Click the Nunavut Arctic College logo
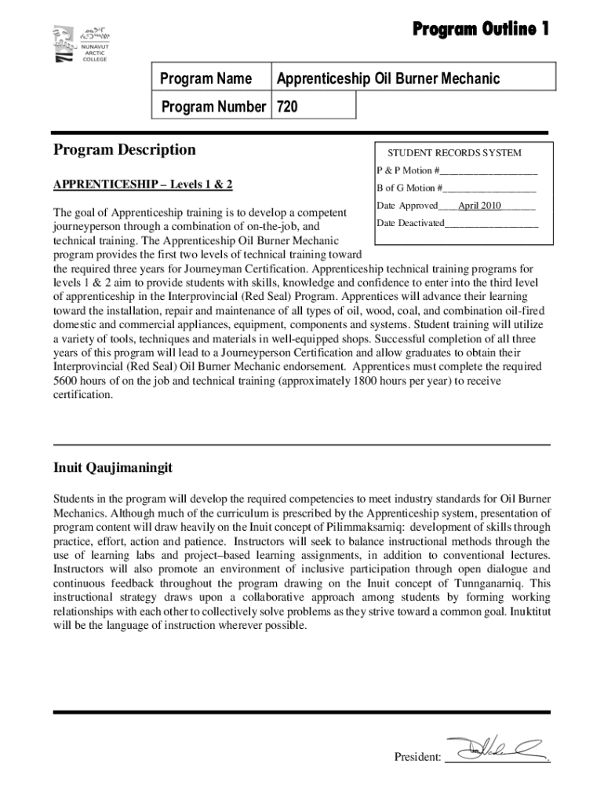click(x=80, y=46)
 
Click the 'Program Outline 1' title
click(x=481, y=29)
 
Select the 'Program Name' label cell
click(x=206, y=79)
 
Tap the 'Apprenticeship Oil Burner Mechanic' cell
click(x=386, y=79)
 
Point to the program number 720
click(x=287, y=106)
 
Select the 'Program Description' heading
click(x=124, y=149)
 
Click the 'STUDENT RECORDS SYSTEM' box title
click(x=453, y=153)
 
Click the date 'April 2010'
click(x=479, y=206)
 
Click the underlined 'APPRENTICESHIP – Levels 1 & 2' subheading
click(x=143, y=185)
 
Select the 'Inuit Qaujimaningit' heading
click(x=113, y=468)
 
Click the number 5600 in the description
click(x=66, y=381)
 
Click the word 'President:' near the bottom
click(x=417, y=757)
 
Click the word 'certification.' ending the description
click(x=83, y=395)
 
